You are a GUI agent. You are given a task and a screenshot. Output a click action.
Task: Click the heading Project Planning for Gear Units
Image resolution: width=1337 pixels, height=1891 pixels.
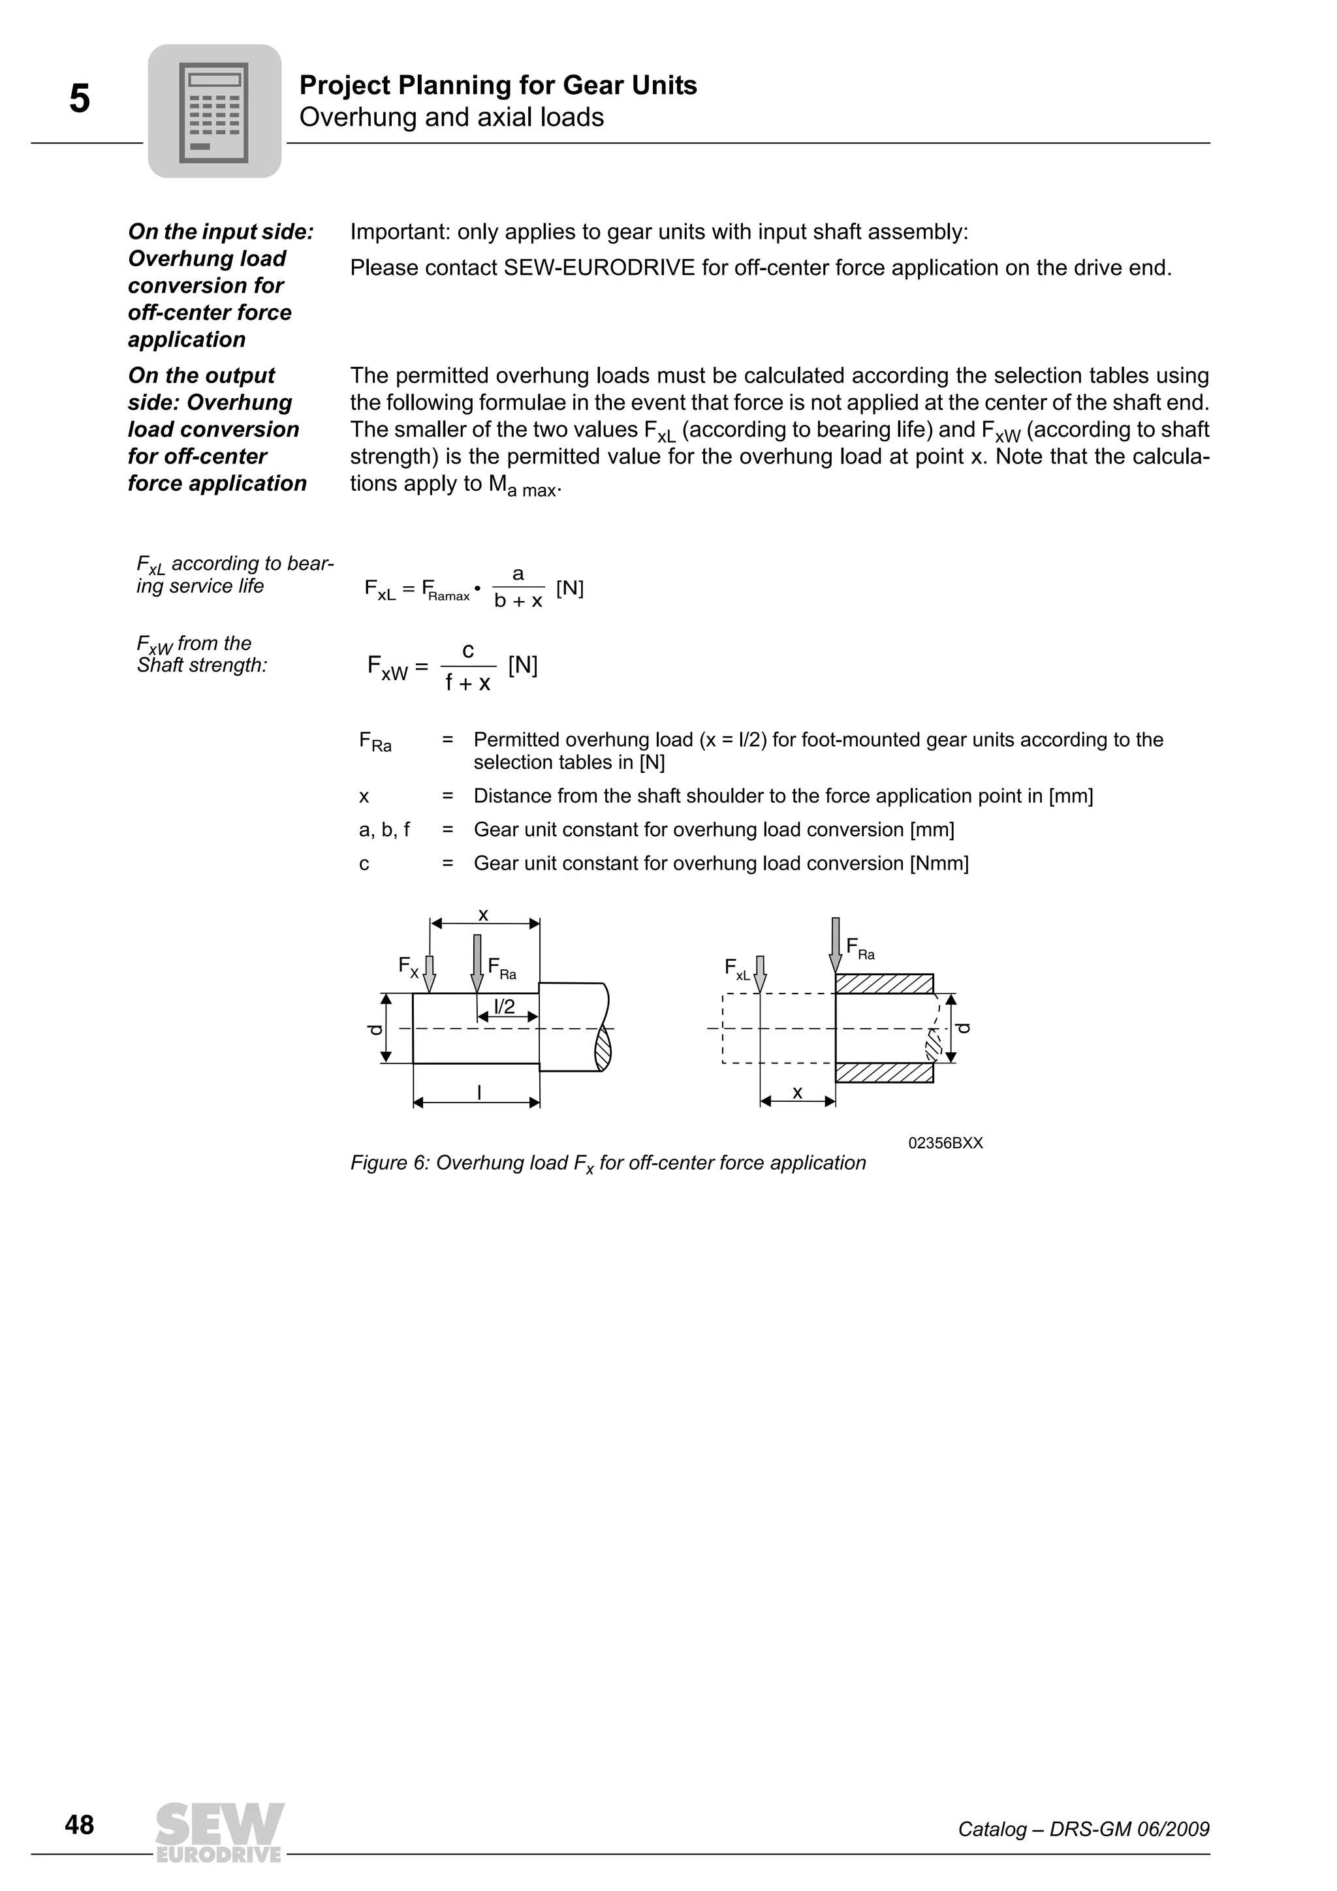coord(497,85)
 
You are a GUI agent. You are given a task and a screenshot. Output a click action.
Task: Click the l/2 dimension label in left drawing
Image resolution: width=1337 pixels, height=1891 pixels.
coord(504,1006)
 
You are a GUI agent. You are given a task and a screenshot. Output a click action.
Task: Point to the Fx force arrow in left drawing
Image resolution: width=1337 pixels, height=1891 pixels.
coord(428,973)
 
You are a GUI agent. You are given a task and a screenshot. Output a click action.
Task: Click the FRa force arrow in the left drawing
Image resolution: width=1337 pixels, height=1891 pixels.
coord(477,963)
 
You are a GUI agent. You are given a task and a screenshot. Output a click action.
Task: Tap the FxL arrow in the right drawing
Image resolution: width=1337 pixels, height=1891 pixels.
coord(759,973)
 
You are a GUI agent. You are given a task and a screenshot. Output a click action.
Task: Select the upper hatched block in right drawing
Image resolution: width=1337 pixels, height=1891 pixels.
coord(884,984)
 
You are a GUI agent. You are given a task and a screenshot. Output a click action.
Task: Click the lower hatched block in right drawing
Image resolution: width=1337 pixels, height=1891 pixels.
coord(884,1072)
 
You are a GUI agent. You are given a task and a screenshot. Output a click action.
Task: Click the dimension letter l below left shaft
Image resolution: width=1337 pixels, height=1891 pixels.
coord(479,1092)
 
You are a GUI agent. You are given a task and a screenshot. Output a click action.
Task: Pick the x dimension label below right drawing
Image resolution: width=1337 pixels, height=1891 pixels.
coord(796,1092)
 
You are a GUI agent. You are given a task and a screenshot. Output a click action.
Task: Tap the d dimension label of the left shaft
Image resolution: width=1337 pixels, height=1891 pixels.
coord(375,1029)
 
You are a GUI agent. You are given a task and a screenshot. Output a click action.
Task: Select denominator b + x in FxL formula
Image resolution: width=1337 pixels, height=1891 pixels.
coord(518,601)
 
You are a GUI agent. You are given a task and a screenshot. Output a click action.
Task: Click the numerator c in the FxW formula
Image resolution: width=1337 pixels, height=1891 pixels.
coord(468,651)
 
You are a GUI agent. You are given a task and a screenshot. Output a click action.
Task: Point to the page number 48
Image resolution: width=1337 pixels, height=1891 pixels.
coord(79,1825)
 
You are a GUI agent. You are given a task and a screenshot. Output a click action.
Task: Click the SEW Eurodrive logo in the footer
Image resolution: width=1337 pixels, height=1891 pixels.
coord(219,1832)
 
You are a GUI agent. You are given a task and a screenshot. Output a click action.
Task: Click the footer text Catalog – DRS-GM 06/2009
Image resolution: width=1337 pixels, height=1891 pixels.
coord(1082,1829)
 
